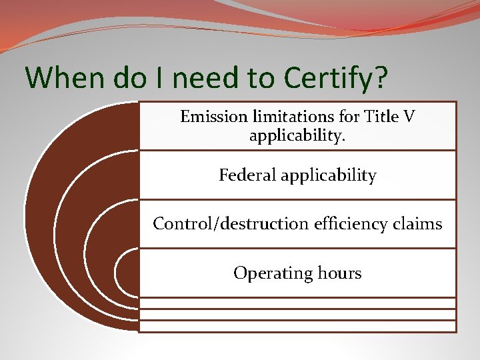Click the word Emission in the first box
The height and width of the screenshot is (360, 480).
point(213,117)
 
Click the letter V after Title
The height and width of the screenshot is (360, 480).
point(408,117)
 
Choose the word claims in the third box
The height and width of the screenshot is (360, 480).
point(419,224)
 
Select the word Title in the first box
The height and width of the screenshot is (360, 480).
point(380,117)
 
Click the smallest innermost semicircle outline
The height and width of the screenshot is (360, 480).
point(119,273)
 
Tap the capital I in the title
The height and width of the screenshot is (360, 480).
point(154,77)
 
